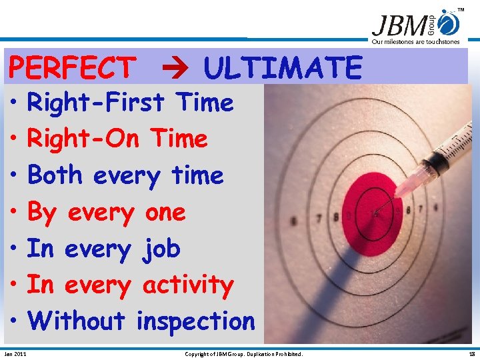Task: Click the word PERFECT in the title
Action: coord(71,67)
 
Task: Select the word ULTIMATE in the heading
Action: coord(283,67)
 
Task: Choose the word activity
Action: coord(188,285)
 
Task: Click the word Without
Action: coord(76,321)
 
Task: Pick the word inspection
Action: coord(195,321)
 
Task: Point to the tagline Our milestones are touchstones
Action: coord(415,41)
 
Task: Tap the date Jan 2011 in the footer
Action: coord(15,353)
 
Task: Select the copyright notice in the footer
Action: coord(243,353)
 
